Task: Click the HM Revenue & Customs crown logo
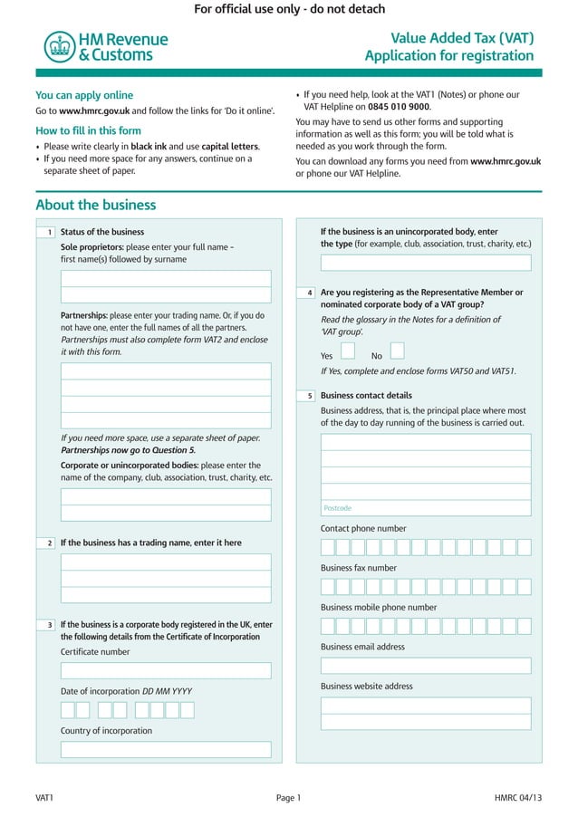point(59,47)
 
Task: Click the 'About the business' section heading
point(95,205)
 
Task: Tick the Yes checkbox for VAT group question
point(348,351)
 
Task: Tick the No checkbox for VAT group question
point(397,351)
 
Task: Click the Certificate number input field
point(166,670)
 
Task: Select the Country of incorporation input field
point(166,749)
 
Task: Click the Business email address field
point(426,666)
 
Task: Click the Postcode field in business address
point(426,508)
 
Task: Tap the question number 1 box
point(50,233)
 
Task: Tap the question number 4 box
point(310,293)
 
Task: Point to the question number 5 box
point(310,396)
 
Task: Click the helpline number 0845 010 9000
point(399,107)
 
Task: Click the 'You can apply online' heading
point(84,95)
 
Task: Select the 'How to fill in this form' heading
point(88,130)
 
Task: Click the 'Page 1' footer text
point(288,798)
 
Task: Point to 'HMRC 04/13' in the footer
point(518,798)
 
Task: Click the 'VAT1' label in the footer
point(44,798)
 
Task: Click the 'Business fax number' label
point(358,568)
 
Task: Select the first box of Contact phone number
point(328,547)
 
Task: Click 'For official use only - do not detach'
point(289,9)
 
